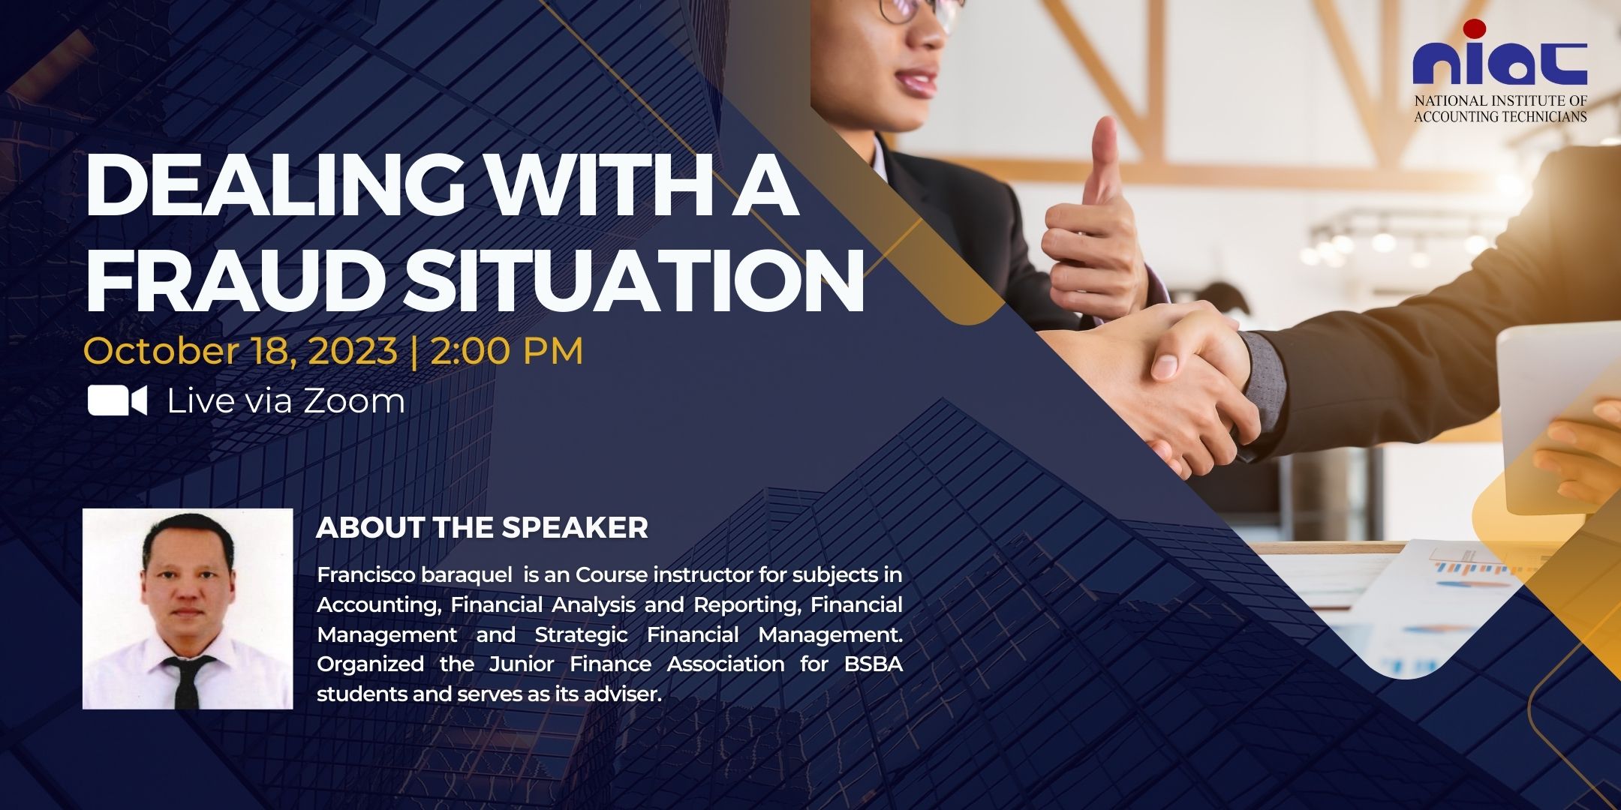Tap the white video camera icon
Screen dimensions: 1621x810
[117, 400]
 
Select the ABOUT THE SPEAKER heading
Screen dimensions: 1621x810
[482, 528]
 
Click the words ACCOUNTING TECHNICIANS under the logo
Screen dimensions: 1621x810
[1500, 116]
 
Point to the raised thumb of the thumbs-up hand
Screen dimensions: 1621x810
[1104, 161]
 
